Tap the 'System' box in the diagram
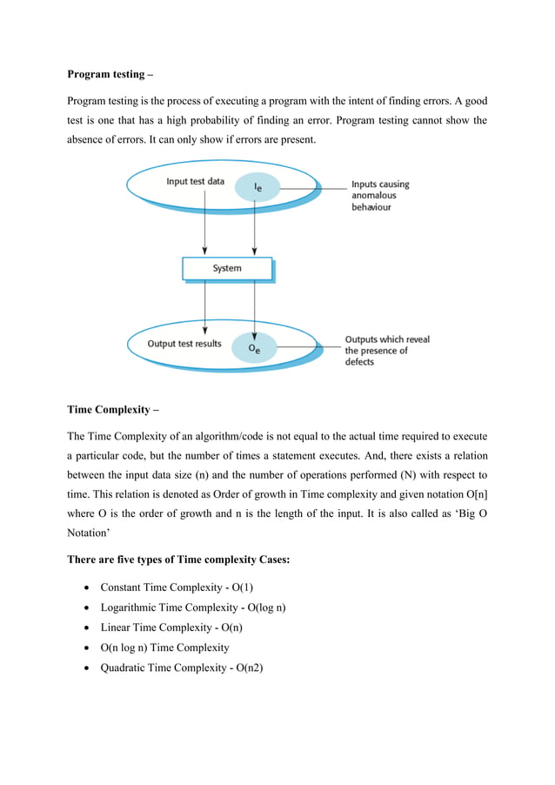[x=227, y=268]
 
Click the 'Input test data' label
[x=195, y=182]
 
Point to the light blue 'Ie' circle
[x=257, y=187]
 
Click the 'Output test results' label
[x=184, y=344]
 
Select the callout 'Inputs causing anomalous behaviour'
[x=380, y=197]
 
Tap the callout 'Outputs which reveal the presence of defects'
[x=387, y=351]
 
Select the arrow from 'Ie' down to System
[x=254, y=231]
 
